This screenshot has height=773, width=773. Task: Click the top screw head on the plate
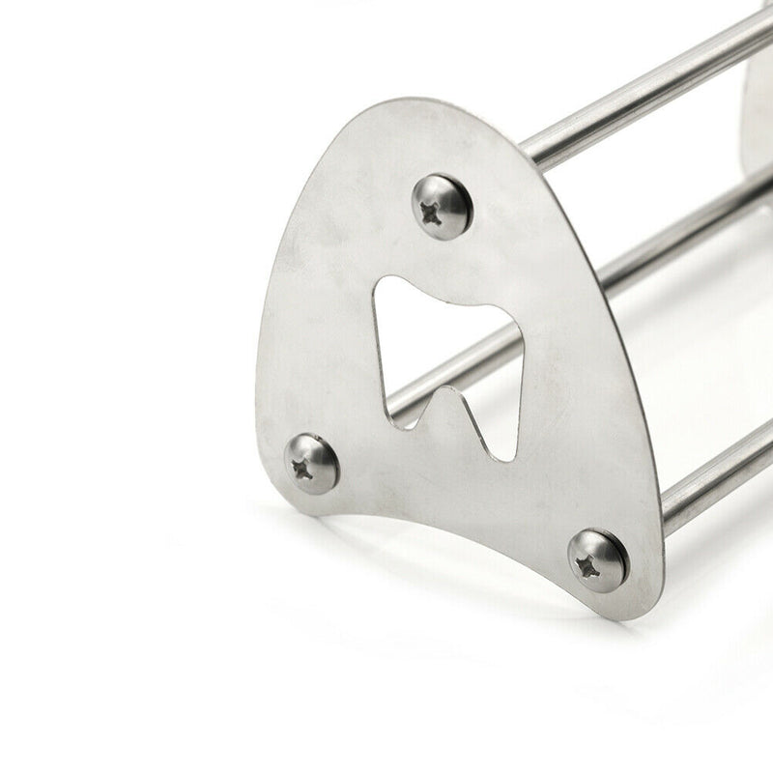click(442, 206)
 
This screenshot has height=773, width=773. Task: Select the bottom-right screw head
click(597, 559)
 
